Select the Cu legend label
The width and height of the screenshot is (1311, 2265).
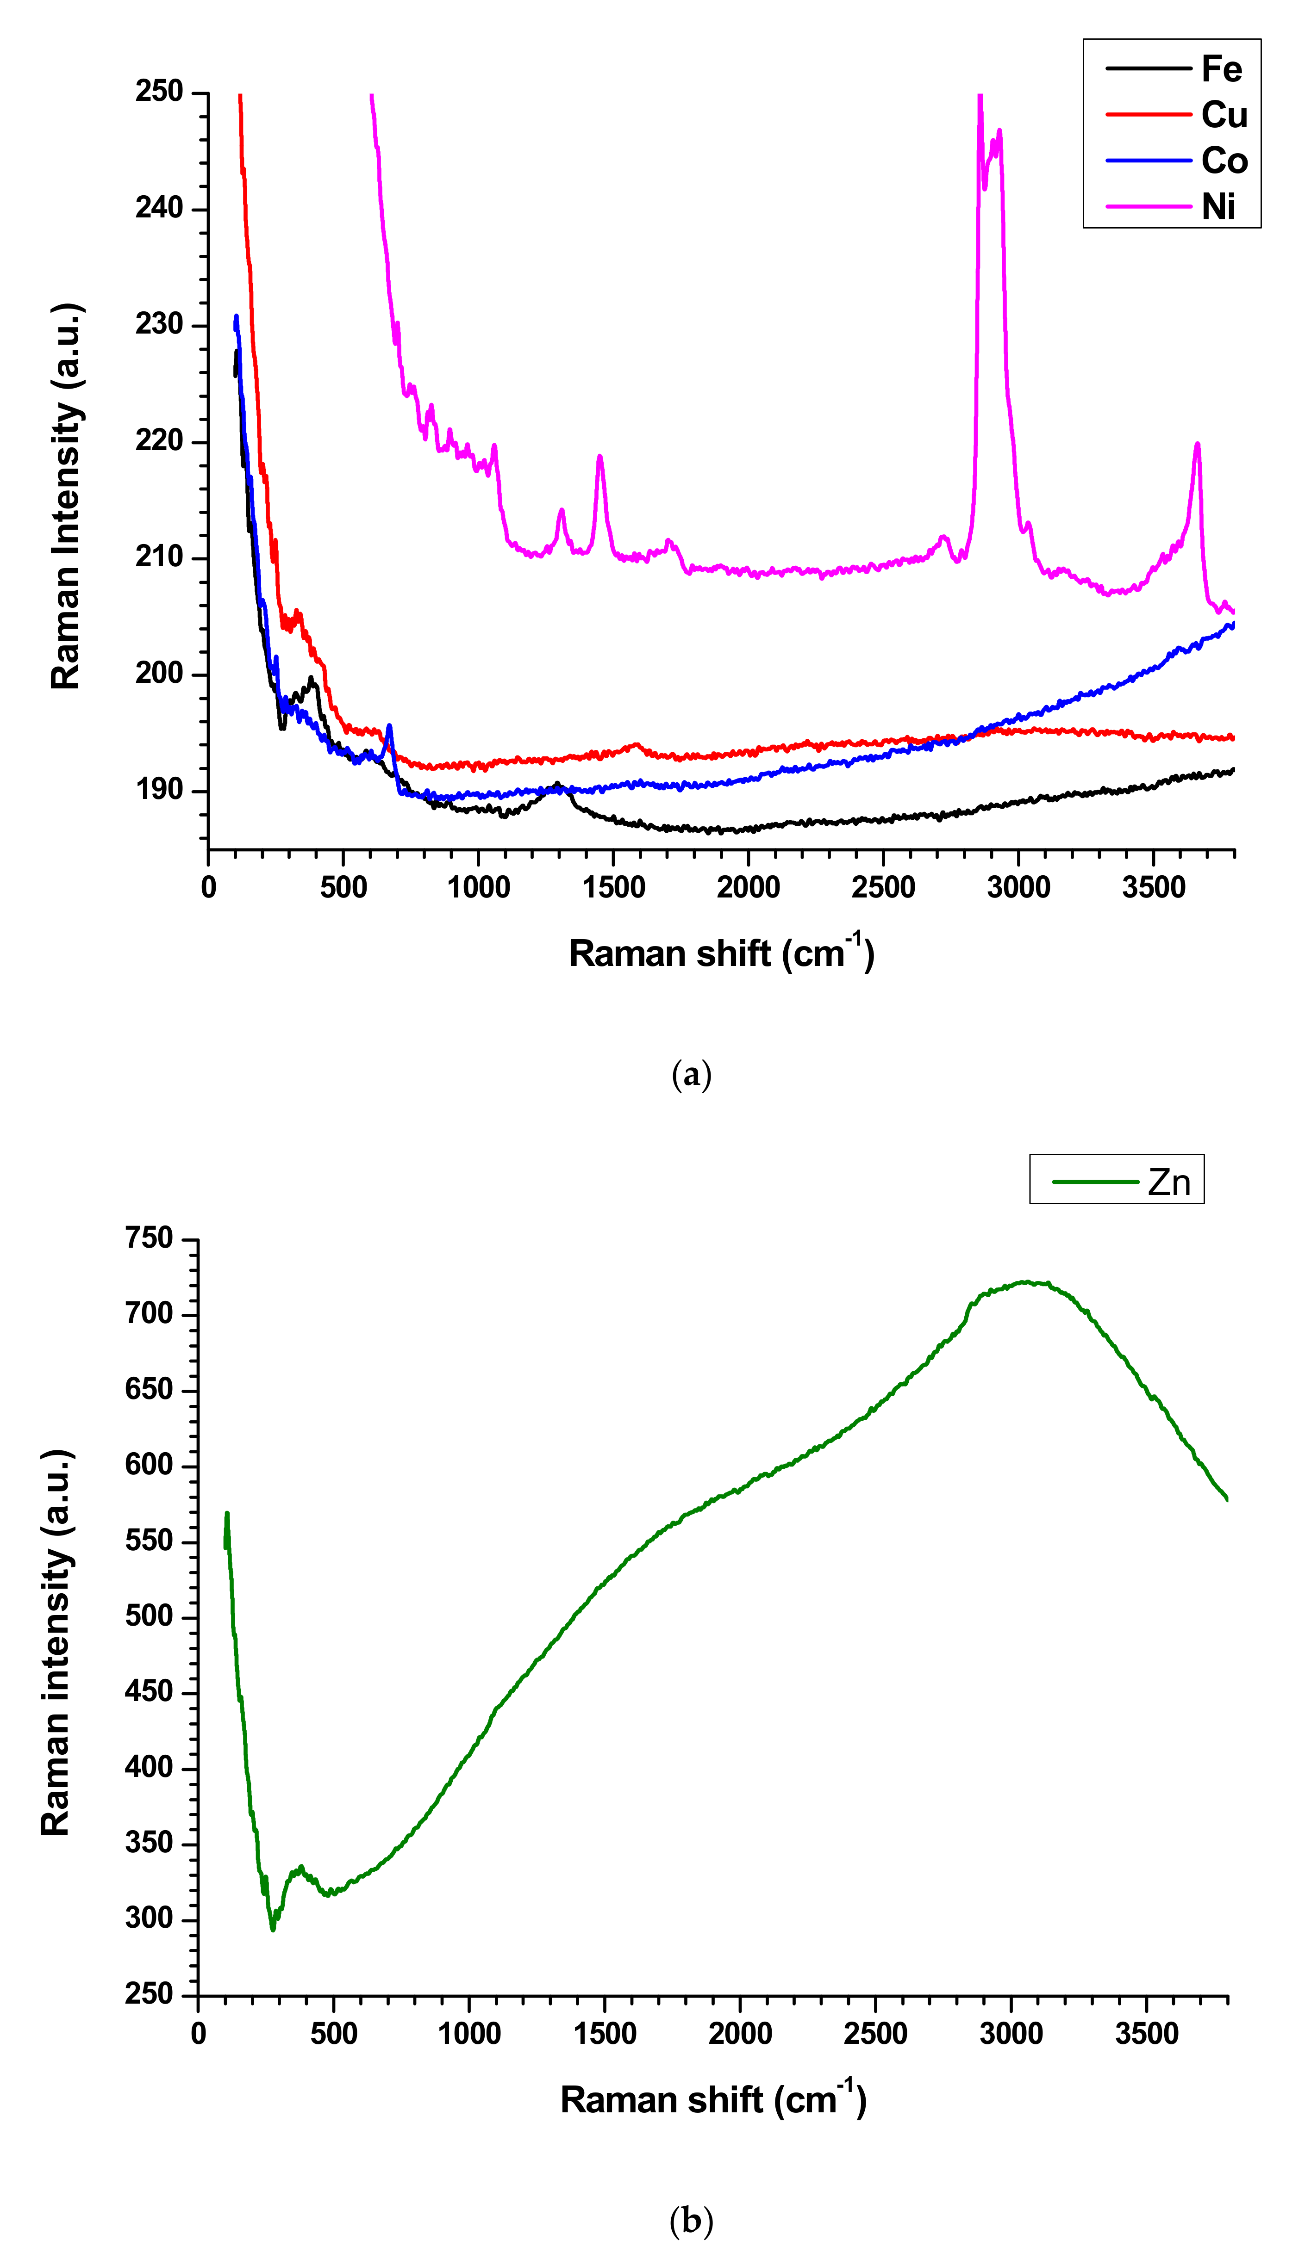(x=1224, y=115)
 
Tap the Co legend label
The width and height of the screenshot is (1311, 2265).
(x=1224, y=161)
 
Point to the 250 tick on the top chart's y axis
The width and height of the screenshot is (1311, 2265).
(x=159, y=92)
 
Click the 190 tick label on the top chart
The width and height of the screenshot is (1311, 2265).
(x=159, y=790)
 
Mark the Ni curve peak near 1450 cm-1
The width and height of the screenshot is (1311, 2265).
(x=600, y=457)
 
